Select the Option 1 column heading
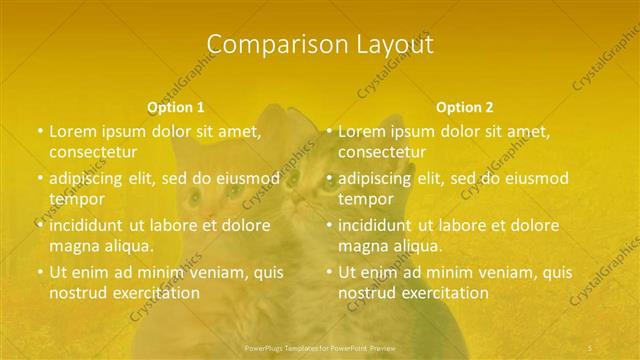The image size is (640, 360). click(176, 107)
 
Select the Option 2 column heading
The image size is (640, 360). click(465, 107)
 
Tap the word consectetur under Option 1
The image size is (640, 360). click(91, 152)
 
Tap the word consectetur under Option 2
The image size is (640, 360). click(381, 152)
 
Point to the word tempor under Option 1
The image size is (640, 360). click(76, 198)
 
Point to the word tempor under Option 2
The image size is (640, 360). click(366, 198)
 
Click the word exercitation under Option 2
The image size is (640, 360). click(445, 293)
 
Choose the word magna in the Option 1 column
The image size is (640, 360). click(71, 245)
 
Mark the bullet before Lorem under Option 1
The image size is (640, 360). click(40, 131)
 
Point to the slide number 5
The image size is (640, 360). click(591, 348)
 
